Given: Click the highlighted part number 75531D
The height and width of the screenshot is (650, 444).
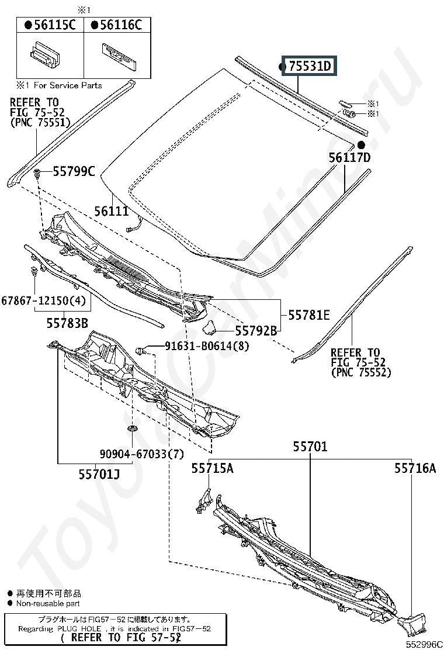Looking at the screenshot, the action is (310, 66).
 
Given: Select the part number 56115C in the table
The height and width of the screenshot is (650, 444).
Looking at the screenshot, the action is (55, 25).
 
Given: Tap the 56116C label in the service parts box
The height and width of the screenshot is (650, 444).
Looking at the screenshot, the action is (121, 25).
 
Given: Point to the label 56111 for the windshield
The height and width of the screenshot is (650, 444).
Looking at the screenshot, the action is (111, 211).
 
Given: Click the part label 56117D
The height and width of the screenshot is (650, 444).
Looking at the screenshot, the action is (350, 157).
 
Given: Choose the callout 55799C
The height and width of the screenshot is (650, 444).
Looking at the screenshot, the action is (74, 171).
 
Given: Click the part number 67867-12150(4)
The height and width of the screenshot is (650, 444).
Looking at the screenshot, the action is (43, 300).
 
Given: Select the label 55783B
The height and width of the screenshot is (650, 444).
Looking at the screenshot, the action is (67, 323).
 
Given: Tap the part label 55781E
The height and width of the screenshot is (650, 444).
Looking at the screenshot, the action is (309, 315).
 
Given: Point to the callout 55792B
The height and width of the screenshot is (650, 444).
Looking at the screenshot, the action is (256, 331).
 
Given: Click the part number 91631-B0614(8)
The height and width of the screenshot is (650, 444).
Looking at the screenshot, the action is (207, 345).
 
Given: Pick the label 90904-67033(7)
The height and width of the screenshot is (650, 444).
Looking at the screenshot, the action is (141, 454).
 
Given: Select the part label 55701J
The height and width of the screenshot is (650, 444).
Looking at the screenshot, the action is (99, 474).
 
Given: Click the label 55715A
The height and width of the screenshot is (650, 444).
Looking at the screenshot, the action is (213, 468).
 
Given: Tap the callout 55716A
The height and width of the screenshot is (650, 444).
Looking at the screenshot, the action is (415, 468).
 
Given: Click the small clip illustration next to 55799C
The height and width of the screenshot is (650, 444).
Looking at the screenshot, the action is (37, 174).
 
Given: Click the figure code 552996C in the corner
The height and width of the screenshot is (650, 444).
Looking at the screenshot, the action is (424, 644).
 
